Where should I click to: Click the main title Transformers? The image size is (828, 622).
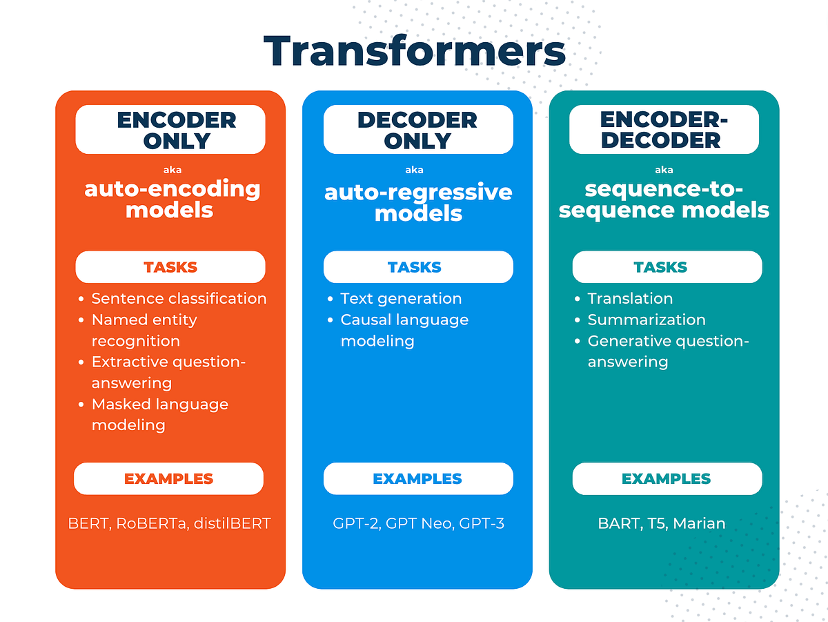point(414,52)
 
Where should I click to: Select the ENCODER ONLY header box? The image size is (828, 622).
point(170,130)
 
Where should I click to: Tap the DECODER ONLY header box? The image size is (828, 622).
point(417,130)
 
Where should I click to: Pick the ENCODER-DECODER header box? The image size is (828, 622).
point(664,130)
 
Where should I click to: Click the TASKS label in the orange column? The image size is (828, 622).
point(170,267)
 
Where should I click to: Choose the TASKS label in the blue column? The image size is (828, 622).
point(415,267)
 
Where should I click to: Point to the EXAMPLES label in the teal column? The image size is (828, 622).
point(666,478)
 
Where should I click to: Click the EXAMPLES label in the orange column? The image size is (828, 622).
point(169,478)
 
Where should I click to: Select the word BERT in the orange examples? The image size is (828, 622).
point(89,523)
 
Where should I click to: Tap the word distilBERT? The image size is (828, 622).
point(232,523)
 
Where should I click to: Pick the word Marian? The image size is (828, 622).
point(699,523)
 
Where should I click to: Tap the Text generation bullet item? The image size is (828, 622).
point(401,299)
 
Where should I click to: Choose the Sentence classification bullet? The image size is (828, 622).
point(179,299)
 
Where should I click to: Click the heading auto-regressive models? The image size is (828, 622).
point(418,202)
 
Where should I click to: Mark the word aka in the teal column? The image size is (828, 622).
point(664,170)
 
